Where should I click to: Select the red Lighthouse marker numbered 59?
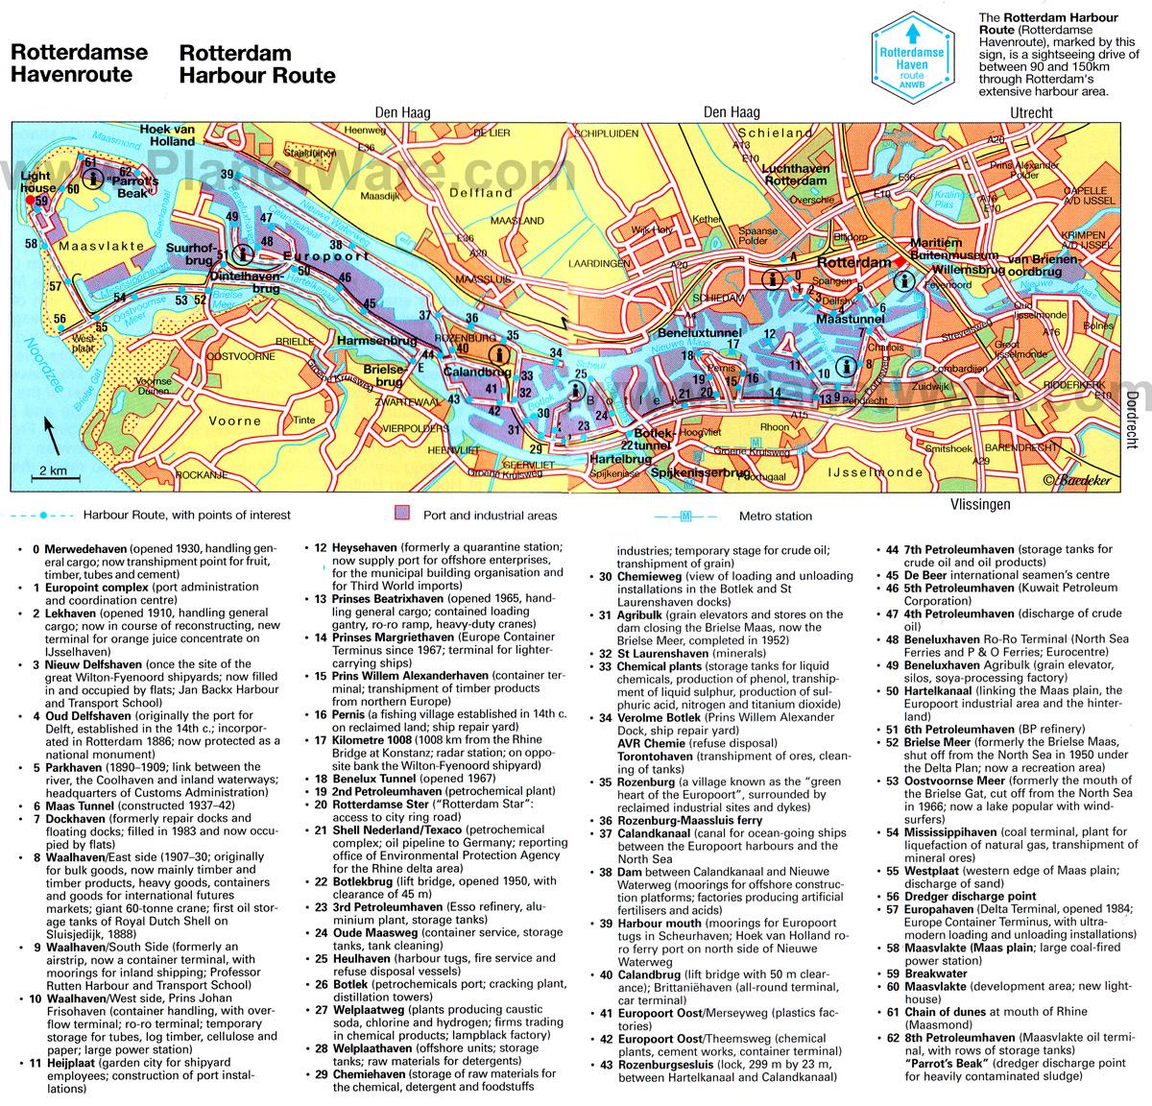point(41,201)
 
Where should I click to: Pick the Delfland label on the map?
point(486,193)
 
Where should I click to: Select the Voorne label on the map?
point(234,421)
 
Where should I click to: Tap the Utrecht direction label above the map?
point(1031,113)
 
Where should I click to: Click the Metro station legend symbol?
point(685,516)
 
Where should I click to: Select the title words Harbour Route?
point(256,63)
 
